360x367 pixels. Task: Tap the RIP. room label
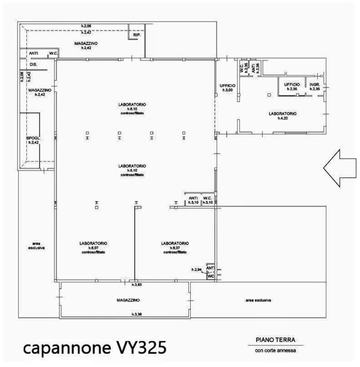[x=137, y=35]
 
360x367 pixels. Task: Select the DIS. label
[x=33, y=64]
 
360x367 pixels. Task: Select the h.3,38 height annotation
[x=136, y=314]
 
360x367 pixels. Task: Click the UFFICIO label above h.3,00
[x=227, y=85]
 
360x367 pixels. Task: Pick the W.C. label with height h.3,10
[x=208, y=198]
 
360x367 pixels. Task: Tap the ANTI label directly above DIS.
[x=33, y=54]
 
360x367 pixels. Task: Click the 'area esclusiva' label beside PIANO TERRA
[x=259, y=300]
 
